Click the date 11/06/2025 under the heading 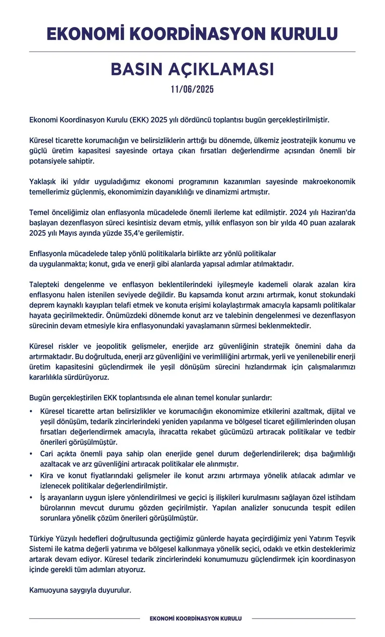pos(192,90)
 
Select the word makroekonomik pos(329,182)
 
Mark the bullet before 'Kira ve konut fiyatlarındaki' pos(31,475)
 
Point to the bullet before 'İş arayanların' pos(31,497)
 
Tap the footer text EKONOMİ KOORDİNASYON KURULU pos(195,618)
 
